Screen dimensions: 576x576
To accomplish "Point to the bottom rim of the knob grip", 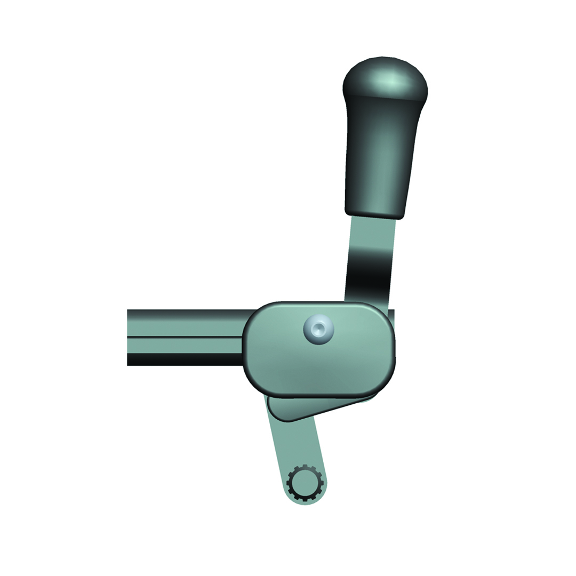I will coord(374,214).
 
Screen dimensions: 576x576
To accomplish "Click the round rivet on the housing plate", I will coord(318,331).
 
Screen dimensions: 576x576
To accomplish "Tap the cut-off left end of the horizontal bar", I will coord(129,337).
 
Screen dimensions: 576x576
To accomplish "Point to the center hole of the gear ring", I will coord(305,483).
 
